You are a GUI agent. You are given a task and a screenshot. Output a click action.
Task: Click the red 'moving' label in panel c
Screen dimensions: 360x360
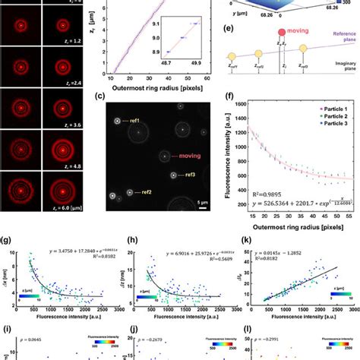click(197, 155)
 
